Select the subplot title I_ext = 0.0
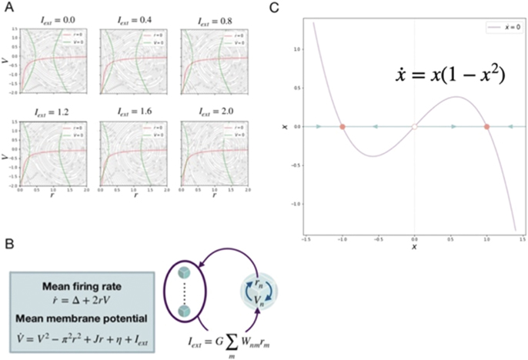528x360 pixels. (51, 18)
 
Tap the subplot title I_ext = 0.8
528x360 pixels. (199, 18)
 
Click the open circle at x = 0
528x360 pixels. (415, 126)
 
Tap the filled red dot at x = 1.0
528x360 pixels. (487, 126)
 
